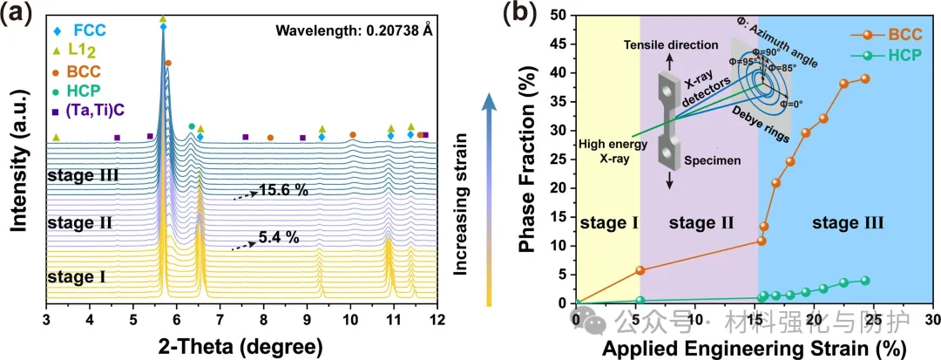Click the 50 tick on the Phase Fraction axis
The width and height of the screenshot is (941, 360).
(558, 15)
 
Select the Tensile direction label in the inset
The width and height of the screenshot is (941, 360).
(669, 45)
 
